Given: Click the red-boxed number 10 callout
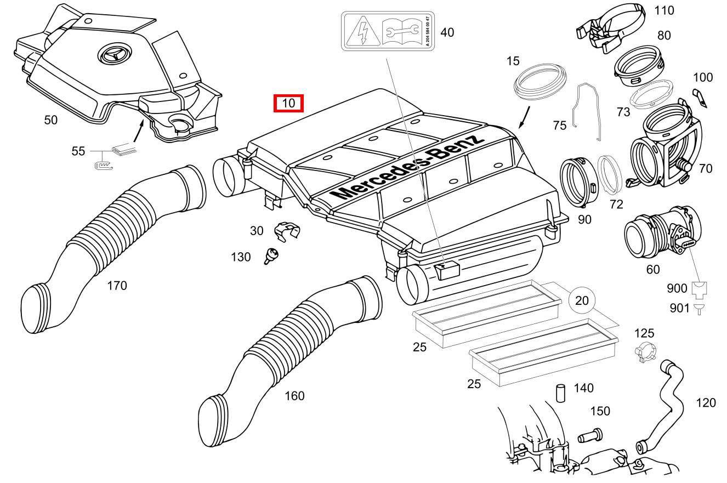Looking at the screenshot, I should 288,103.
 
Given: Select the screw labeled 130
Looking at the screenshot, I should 271,255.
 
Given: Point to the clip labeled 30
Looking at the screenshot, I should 286,230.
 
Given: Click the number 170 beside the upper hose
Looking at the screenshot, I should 117,285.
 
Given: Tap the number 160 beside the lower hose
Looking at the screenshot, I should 294,395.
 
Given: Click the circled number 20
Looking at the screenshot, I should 582,300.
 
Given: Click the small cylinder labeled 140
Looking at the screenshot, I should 560,393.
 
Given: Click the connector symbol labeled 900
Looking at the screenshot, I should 698,288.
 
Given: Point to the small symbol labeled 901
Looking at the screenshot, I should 698,309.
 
